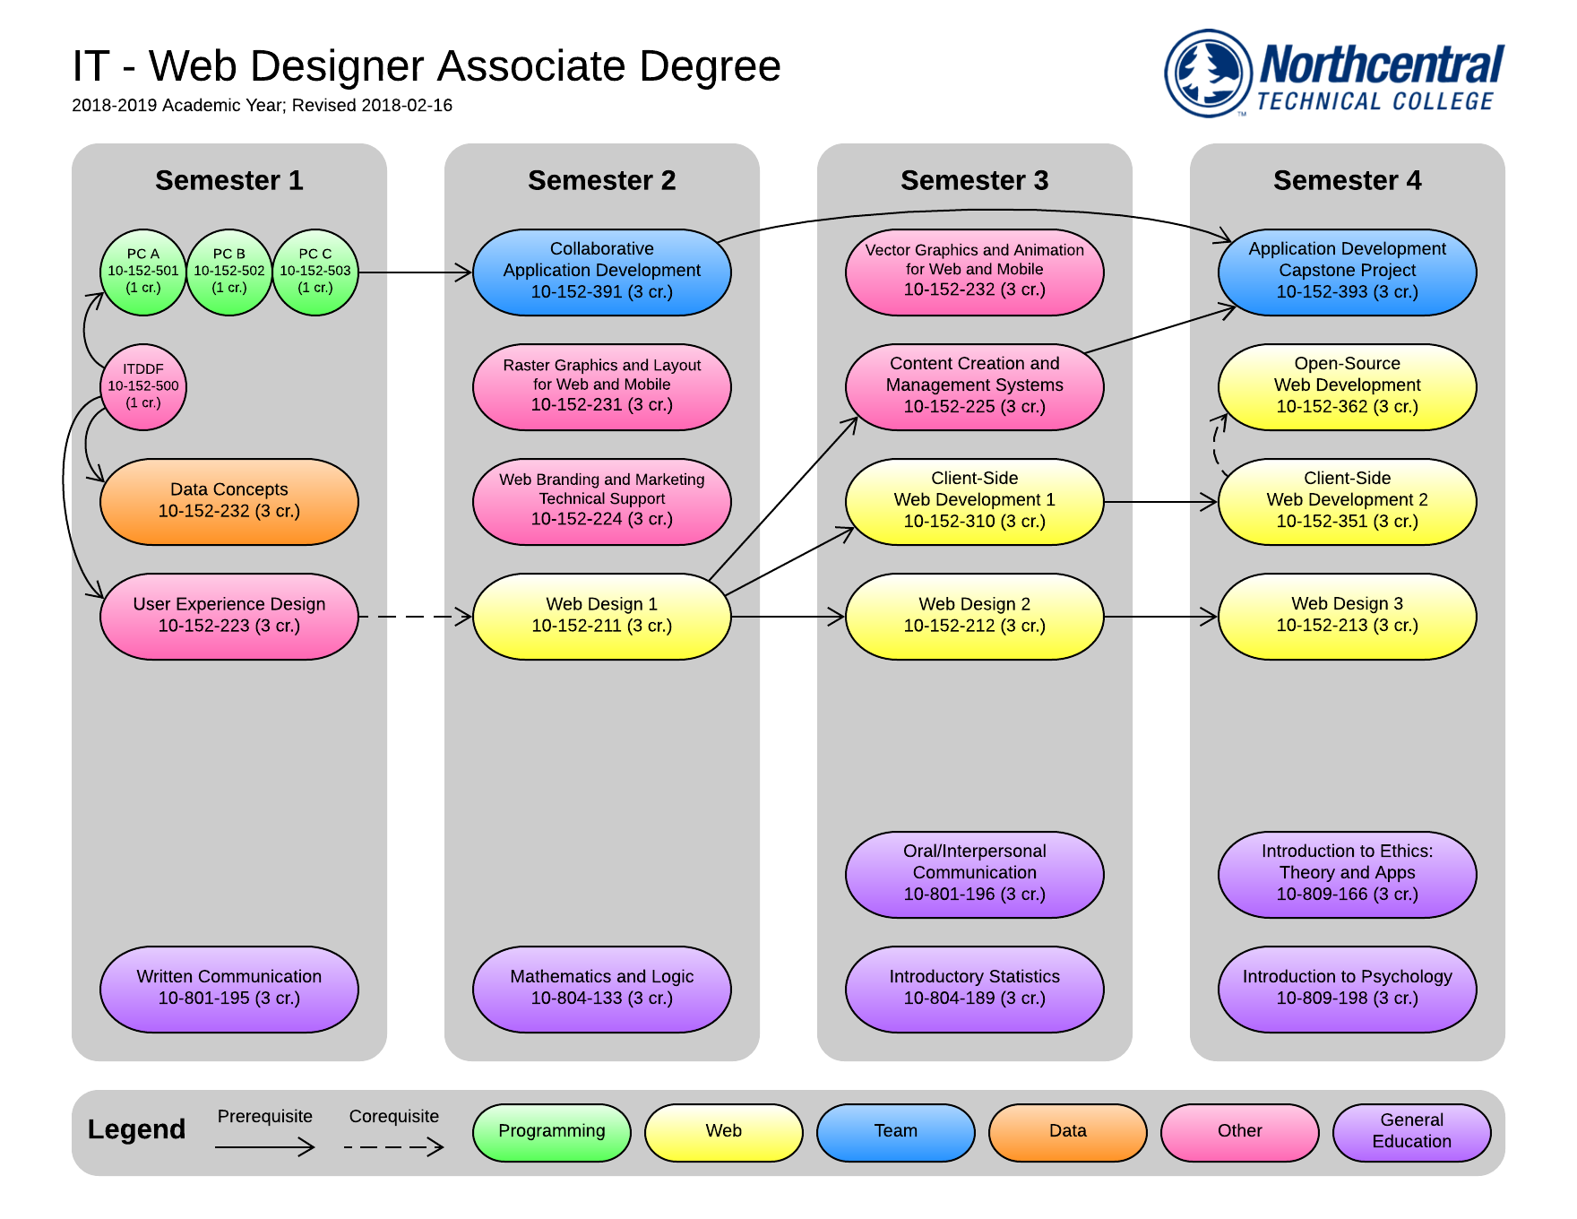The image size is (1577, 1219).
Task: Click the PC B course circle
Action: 229,272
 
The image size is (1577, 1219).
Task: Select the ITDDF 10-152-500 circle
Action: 143,386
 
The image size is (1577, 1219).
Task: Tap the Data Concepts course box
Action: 229,501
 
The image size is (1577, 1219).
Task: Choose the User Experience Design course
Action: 229,616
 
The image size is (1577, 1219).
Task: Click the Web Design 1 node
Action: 602,616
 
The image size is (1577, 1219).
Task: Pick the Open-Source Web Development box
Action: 1347,386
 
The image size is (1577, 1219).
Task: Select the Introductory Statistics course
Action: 974,989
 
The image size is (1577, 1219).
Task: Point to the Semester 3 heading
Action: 974,180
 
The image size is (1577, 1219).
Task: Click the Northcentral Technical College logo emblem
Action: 1209,73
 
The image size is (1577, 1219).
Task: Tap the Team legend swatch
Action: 895,1132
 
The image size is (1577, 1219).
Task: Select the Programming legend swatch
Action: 551,1132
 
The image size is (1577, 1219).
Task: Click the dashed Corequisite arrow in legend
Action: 393,1146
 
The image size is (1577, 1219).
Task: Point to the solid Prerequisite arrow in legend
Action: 265,1146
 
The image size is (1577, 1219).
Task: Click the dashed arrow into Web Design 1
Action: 414,617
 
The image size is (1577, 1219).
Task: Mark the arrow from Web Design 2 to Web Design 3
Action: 1160,617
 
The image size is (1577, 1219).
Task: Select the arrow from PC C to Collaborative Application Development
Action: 415,272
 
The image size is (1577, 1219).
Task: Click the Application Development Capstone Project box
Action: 1347,272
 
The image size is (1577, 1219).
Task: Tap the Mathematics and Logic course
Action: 602,989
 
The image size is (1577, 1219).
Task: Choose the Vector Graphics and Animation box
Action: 974,272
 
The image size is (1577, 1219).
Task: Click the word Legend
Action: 136,1129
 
